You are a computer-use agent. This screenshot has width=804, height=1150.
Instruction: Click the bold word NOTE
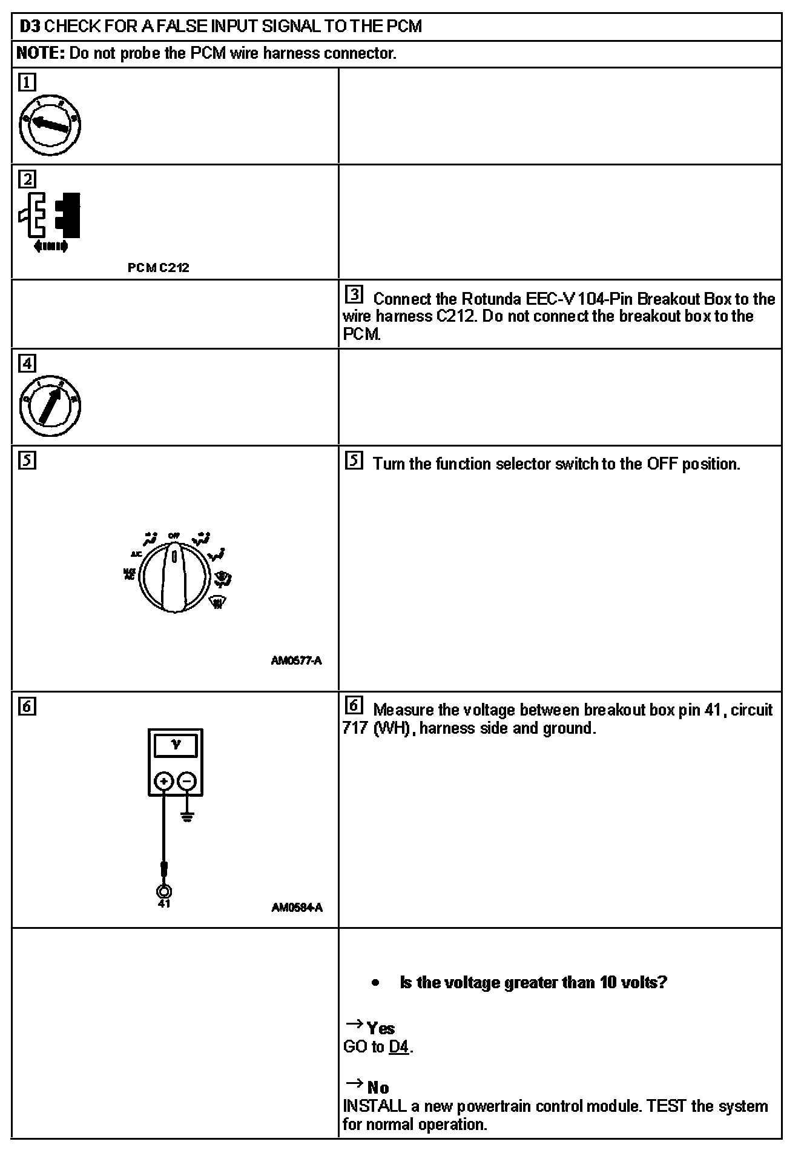(x=40, y=53)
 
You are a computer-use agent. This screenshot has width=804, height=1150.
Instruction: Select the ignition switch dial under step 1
(x=50, y=126)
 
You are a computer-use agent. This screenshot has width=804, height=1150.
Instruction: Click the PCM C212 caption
(x=159, y=268)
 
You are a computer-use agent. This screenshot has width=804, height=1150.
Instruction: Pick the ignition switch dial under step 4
(x=50, y=406)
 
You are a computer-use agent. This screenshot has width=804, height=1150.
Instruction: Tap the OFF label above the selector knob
(x=174, y=536)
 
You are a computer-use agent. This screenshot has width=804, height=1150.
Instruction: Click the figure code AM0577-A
(x=296, y=660)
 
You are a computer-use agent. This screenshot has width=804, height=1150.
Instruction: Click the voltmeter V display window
(x=176, y=746)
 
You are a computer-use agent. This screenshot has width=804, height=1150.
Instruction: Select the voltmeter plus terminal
(x=163, y=781)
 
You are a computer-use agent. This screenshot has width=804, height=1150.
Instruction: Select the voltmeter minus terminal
(x=188, y=781)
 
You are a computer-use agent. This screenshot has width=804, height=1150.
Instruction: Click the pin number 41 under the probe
(x=163, y=903)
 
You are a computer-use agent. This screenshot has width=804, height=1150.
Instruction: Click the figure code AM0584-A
(x=297, y=907)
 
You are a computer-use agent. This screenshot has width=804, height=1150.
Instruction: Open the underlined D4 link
(x=399, y=1046)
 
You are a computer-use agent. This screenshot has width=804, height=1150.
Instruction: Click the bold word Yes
(x=381, y=1028)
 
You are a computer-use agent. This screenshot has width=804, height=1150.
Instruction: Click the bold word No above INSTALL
(x=378, y=1088)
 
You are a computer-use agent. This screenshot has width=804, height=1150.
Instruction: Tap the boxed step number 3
(x=354, y=295)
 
